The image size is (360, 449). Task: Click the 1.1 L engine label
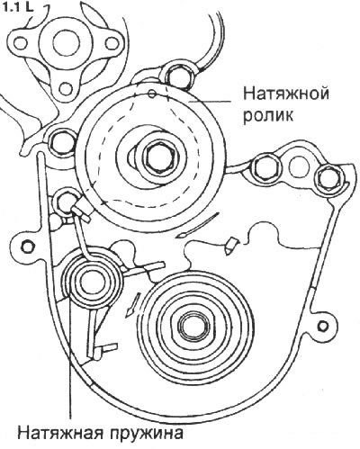point(17,6)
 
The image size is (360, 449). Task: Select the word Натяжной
point(286,94)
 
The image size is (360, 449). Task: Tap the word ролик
point(268,115)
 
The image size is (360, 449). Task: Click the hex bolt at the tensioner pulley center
point(158,159)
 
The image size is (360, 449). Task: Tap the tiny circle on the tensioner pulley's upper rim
point(152,94)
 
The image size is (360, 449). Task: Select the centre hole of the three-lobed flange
point(67,43)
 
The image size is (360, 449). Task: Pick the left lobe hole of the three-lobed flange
point(21,43)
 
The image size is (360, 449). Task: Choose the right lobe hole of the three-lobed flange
point(112,43)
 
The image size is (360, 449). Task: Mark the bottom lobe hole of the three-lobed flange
point(66,89)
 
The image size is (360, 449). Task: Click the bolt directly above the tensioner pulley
point(178,76)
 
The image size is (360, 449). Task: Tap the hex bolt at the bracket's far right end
point(329,179)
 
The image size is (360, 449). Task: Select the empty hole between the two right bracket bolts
point(299,166)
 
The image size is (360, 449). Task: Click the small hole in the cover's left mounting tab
point(27,247)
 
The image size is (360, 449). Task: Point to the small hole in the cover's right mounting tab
point(322,326)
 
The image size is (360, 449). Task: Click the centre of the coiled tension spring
point(89,283)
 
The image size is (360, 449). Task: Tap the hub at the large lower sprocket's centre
point(191,326)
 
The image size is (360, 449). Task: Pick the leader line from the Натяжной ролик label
point(211,102)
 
